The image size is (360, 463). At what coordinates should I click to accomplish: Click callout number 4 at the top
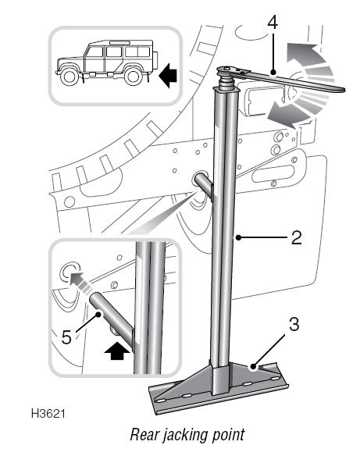click(x=273, y=23)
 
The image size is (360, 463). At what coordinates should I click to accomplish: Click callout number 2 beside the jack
click(x=297, y=237)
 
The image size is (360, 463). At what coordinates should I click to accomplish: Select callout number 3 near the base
click(x=294, y=325)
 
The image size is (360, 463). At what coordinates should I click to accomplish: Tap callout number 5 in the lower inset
click(x=66, y=337)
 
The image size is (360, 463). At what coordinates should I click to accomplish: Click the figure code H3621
click(x=48, y=413)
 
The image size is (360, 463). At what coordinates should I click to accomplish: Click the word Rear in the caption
click(x=144, y=435)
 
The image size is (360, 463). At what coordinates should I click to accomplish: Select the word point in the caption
click(x=229, y=436)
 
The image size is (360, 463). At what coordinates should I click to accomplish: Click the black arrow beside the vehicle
click(x=168, y=75)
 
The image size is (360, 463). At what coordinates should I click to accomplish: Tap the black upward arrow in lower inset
click(x=117, y=351)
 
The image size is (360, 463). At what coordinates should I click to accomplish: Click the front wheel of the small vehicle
click(x=70, y=77)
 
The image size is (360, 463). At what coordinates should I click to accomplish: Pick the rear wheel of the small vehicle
click(x=134, y=77)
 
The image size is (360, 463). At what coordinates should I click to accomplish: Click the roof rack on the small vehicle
click(x=119, y=43)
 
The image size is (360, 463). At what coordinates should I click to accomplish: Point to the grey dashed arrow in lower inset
click(x=79, y=283)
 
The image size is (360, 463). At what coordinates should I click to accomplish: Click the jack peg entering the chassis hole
click(x=204, y=183)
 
